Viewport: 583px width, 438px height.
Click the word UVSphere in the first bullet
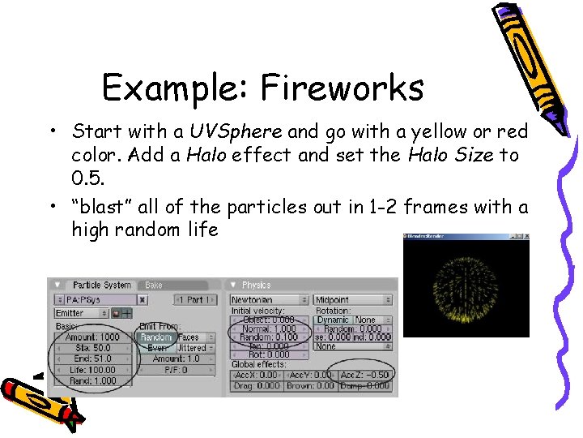point(236,131)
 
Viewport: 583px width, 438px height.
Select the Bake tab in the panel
point(154,285)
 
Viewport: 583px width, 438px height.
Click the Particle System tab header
point(101,285)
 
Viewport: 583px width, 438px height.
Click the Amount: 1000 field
point(92,337)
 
